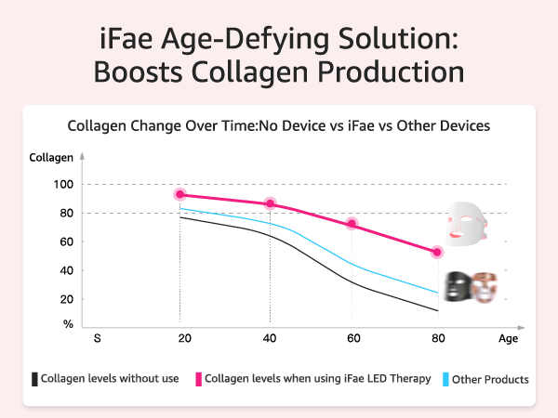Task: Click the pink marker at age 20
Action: point(179,194)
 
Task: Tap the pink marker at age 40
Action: point(270,203)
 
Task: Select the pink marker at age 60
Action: point(352,224)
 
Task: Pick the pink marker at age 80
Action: point(437,252)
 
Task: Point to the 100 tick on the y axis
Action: point(61,184)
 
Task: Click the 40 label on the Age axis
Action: point(270,338)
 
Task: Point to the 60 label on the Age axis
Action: point(352,338)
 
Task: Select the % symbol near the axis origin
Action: point(67,324)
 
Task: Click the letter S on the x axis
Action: point(97,338)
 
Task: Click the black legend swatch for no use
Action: point(35,379)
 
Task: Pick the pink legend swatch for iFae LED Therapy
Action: point(198,379)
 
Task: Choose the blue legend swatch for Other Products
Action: point(446,379)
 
